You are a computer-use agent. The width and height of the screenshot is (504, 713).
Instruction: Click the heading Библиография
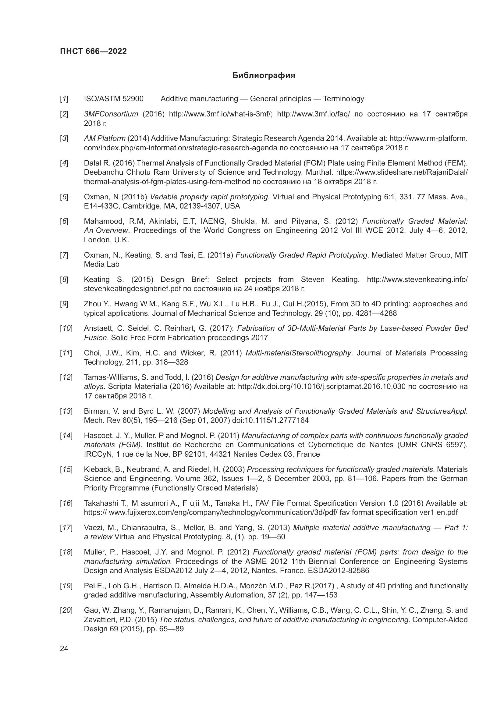click(264, 76)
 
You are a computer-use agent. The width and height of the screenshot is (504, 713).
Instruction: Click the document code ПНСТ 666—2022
click(94, 52)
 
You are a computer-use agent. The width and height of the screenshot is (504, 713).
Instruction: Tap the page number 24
click(64, 648)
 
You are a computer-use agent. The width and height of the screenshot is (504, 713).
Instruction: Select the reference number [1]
click(64, 99)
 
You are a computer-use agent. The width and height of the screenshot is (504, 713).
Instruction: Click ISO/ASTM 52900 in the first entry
click(114, 99)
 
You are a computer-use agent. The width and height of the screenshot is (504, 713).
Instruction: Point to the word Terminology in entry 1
click(343, 99)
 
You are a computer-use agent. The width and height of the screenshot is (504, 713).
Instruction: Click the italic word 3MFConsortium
click(111, 114)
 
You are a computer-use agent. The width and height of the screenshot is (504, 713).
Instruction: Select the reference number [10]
click(66, 329)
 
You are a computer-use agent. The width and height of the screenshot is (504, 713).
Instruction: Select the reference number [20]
click(66, 611)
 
